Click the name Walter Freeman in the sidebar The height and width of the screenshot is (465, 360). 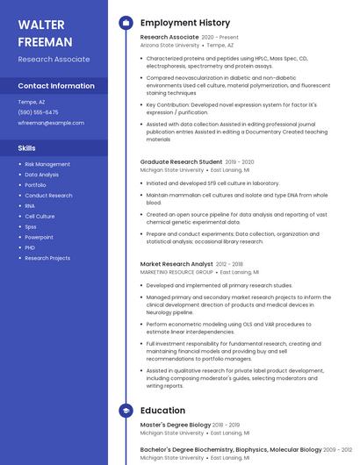[x=46, y=32]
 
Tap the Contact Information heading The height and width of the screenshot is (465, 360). [x=56, y=86]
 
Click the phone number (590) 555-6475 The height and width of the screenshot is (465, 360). [x=38, y=112]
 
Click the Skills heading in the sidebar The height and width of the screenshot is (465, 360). [x=27, y=148]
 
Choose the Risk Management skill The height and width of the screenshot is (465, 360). [x=47, y=164]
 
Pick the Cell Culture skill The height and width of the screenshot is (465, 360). [x=40, y=216]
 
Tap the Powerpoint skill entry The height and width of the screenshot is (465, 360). [x=39, y=237]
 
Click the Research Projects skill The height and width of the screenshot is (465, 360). [x=47, y=258]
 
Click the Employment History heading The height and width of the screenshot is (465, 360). [x=184, y=23]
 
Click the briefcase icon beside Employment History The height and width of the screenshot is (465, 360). [x=126, y=23]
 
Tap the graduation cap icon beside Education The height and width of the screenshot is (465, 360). [x=126, y=410]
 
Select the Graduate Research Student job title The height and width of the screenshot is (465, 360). [x=181, y=162]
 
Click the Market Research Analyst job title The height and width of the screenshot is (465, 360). [x=176, y=264]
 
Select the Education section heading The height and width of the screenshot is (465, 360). [x=162, y=410]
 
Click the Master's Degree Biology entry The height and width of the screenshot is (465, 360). [x=175, y=425]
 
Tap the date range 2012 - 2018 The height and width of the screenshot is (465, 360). [x=229, y=264]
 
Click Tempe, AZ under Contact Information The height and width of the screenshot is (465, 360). [x=31, y=102]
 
